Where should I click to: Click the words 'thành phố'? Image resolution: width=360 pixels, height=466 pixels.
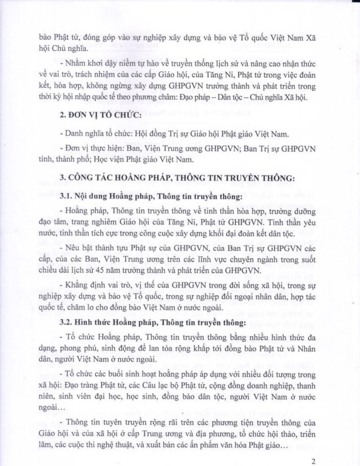[x=76, y=160]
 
